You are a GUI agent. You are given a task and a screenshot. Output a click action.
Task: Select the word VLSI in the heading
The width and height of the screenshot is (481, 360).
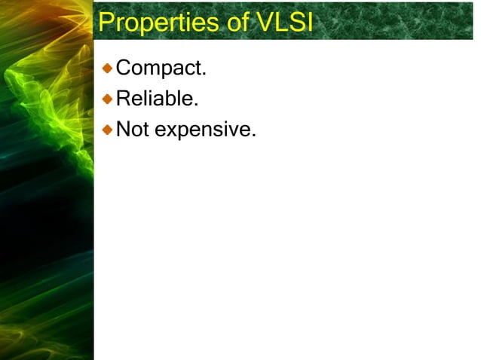[x=284, y=22]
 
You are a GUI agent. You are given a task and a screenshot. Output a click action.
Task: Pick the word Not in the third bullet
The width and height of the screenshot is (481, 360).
[x=133, y=130]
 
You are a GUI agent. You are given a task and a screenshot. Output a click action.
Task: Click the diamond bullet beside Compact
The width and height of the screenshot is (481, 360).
[x=108, y=69]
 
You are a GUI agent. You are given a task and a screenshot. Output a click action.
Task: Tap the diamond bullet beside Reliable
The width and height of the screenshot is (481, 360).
[x=108, y=99]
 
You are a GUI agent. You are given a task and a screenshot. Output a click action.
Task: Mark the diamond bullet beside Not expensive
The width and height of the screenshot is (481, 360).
[x=108, y=129]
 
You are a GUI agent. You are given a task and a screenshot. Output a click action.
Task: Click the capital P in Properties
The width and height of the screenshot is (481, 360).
[x=106, y=22]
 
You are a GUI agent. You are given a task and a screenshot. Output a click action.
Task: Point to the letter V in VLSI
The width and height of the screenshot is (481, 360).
[x=264, y=22]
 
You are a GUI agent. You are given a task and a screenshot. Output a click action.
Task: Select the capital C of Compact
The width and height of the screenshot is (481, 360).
[x=123, y=69]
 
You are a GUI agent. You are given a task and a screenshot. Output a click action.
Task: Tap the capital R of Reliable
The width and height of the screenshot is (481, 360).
[x=122, y=99]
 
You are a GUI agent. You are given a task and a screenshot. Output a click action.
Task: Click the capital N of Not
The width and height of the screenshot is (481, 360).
[x=123, y=130]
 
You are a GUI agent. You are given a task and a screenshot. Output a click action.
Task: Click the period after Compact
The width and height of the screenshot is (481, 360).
[x=204, y=75]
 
